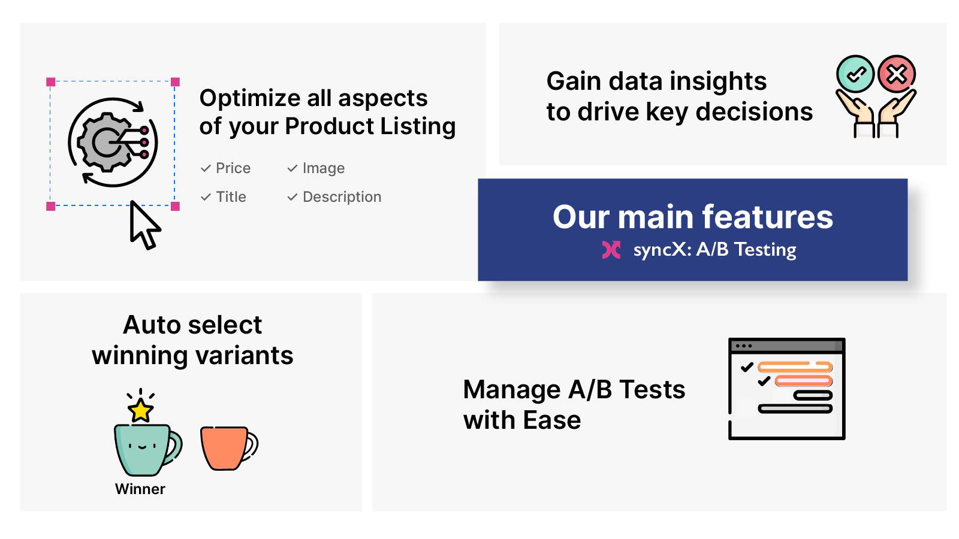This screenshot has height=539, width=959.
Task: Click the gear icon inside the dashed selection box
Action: (x=105, y=143)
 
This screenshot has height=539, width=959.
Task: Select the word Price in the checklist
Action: (x=233, y=168)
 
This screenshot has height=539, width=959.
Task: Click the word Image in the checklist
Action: (x=324, y=168)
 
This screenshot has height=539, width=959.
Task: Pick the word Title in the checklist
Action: (x=231, y=197)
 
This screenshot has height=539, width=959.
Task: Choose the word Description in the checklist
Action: (x=342, y=197)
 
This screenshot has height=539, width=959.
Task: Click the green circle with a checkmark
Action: (x=855, y=74)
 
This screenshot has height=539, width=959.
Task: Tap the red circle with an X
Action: (x=897, y=74)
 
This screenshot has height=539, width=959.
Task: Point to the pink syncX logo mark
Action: (x=611, y=250)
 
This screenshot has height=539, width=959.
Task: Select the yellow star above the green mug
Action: (x=141, y=411)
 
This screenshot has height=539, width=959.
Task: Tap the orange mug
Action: (x=225, y=447)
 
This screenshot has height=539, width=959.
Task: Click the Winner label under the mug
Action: (x=140, y=489)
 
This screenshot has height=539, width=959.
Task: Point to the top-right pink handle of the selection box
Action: (x=175, y=82)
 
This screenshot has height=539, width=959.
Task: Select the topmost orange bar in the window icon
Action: (x=795, y=367)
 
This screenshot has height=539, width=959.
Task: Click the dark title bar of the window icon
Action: (x=786, y=346)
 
